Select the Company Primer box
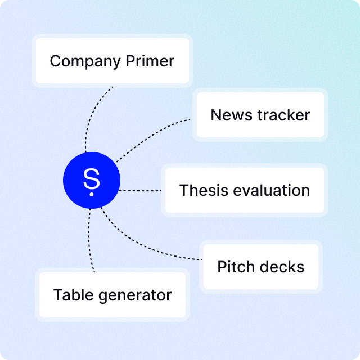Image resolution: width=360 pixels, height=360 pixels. (x=112, y=61)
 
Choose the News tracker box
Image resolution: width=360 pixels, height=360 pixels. (x=260, y=115)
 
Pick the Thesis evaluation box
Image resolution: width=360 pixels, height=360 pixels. (x=245, y=190)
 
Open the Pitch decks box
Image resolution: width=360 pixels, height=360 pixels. (x=260, y=267)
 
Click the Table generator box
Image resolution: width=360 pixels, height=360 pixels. (x=112, y=295)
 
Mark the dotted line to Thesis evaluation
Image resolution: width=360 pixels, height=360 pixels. (x=141, y=191)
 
